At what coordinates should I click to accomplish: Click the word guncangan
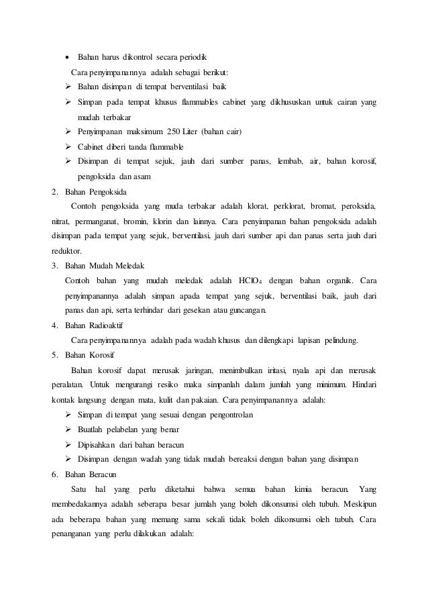tap(246, 310)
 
